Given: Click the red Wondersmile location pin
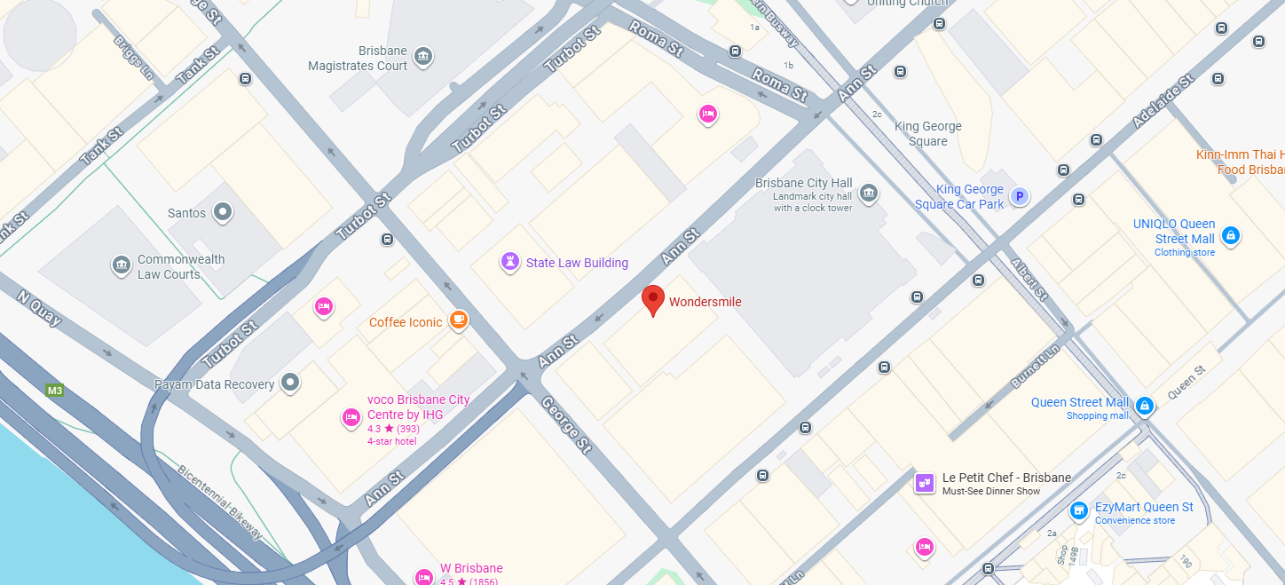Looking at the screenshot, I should pos(653,300).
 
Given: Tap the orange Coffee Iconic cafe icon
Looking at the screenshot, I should pos(458,320).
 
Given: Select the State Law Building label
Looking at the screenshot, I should pos(577,263).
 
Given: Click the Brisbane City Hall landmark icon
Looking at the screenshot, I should pos(869,192).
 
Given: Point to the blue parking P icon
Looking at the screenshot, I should pos(1020,197).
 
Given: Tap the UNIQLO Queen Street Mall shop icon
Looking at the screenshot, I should pos(1230,235).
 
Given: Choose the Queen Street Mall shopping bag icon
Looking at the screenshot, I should pos(1145,406).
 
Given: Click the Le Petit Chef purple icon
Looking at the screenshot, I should pos(925,482).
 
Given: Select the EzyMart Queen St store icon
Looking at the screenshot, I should pos(1079,510).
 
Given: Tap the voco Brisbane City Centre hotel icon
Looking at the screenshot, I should pos(351,417).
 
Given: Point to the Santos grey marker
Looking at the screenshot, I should pos(223,212).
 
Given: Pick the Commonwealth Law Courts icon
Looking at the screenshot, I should pos(121,265).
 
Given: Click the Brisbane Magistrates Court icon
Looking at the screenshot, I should pos(424,57).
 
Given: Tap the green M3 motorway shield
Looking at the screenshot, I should pos(55,390).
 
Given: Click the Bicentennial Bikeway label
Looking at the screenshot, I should pos(219,502).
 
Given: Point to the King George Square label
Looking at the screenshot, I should pos(927,133).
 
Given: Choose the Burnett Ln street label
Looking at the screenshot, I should pos(1035,367).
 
